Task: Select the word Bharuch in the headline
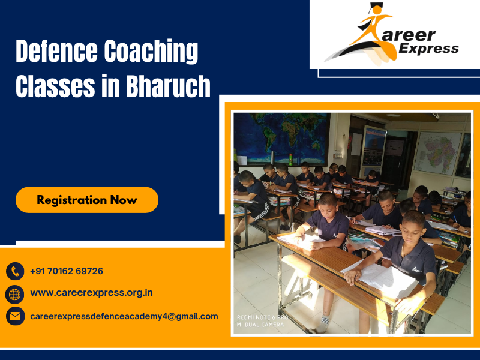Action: [x=169, y=87]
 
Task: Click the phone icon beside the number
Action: [x=15, y=271]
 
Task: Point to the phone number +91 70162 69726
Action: [x=67, y=271]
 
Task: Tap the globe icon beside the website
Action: [x=15, y=293]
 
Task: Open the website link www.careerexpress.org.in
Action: [x=91, y=293]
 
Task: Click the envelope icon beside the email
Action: [x=15, y=316]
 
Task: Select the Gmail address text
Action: [x=124, y=316]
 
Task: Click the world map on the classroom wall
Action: [x=282, y=138]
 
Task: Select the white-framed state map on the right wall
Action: [x=437, y=153]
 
